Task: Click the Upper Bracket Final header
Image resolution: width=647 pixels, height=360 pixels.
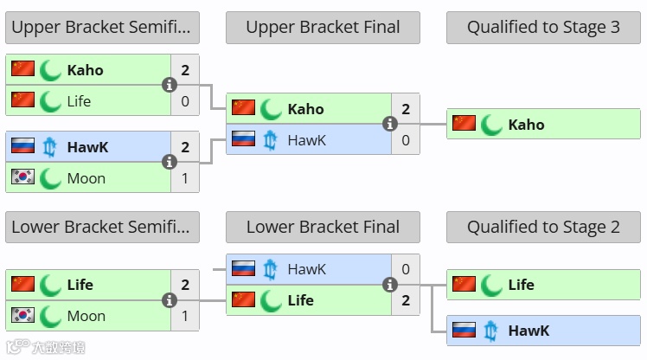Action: click(323, 28)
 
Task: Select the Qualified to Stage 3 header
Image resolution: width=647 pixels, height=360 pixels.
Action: click(543, 28)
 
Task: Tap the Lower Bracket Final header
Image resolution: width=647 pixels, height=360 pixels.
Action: click(323, 228)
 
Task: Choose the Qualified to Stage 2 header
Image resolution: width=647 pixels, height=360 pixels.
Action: click(543, 228)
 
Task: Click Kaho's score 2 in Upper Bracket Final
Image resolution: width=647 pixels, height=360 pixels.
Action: click(406, 109)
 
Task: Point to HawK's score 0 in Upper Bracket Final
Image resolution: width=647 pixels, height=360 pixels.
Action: click(406, 139)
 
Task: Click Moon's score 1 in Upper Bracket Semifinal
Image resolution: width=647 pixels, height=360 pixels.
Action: click(185, 178)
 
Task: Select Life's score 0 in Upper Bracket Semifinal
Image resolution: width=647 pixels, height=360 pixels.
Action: click(185, 101)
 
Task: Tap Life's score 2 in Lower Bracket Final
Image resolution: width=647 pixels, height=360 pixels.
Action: click(406, 300)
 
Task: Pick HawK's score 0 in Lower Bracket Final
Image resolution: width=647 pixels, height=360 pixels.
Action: click(406, 269)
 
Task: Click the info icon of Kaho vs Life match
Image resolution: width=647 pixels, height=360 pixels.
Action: click(170, 85)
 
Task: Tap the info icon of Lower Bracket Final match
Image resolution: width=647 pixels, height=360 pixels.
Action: click(390, 285)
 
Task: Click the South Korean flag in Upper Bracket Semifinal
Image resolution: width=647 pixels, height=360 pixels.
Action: click(22, 177)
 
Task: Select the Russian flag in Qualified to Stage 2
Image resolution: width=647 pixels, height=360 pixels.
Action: click(464, 330)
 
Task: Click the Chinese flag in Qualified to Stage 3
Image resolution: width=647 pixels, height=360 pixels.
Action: click(464, 124)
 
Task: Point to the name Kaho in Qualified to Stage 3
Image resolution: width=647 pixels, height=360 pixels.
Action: click(526, 125)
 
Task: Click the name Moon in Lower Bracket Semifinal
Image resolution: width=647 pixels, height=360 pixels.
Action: click(86, 316)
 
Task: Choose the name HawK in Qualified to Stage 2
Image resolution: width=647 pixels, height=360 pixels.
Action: click(528, 331)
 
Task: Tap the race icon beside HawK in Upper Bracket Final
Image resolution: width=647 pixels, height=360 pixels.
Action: click(271, 139)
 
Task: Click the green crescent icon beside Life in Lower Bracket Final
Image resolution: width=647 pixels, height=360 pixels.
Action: click(271, 300)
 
